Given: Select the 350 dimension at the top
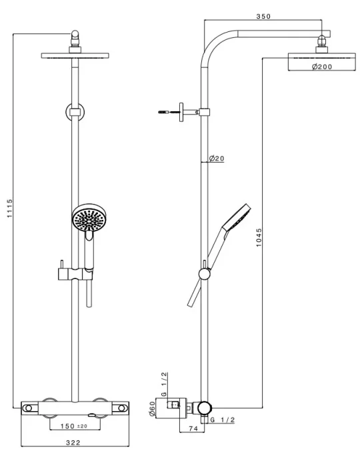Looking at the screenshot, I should (264, 17).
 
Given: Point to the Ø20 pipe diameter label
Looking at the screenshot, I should (217, 158).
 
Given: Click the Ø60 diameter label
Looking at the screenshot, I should (152, 407).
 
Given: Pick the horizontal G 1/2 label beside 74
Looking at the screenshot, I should (223, 420).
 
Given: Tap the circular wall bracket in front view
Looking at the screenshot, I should (75, 113).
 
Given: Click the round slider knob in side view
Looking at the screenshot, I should (205, 272).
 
